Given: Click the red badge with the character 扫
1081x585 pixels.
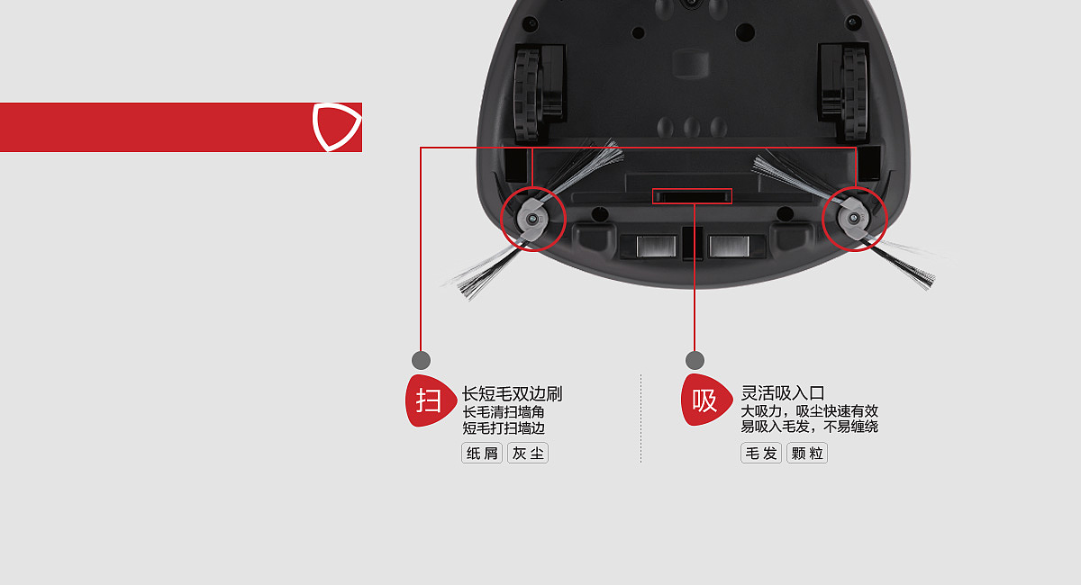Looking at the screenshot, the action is [430, 400].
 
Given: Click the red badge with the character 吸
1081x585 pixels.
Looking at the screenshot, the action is [706, 400].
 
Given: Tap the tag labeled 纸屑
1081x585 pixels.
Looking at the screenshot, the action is [482, 453].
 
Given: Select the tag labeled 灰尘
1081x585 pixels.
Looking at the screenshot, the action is [528, 453].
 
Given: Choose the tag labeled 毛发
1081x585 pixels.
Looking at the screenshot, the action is [761, 453].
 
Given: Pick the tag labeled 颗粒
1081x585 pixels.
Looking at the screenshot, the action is [807, 453].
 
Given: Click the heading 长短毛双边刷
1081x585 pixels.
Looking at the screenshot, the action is [512, 393].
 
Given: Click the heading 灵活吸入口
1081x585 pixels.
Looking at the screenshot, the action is [783, 393].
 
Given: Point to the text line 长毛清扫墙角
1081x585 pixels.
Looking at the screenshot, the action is [504, 412].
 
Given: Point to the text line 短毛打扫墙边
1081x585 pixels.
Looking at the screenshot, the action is [504, 427].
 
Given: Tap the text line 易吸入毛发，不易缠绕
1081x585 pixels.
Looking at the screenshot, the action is [809, 427].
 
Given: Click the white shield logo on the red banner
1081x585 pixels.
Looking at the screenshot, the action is [337, 126].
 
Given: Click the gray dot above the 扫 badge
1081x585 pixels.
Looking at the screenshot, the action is [421, 360].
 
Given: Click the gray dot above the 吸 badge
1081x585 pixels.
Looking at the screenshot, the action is [695, 360].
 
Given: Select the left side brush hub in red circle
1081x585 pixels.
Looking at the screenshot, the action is [531, 219].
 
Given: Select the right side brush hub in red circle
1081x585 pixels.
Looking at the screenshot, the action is [853, 219].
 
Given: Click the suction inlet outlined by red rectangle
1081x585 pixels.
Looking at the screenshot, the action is [692, 196].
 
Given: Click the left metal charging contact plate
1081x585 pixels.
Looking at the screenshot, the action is [656, 246].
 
